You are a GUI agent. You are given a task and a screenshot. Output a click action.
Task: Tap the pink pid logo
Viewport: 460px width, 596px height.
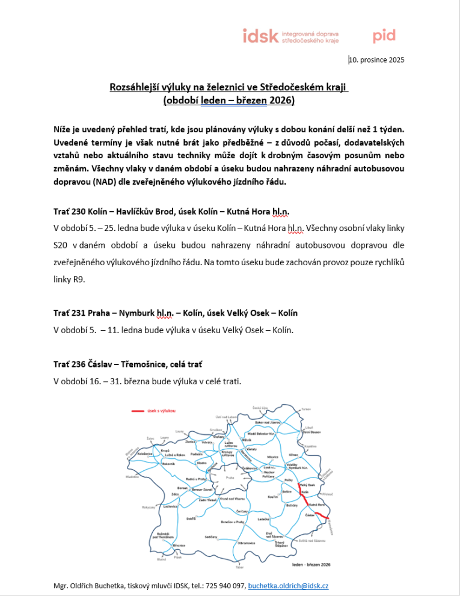[x=384, y=36]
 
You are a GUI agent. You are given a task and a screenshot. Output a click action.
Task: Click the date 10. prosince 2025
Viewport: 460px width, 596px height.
[x=376, y=60]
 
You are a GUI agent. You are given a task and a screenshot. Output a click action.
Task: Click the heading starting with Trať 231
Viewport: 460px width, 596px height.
[x=176, y=313]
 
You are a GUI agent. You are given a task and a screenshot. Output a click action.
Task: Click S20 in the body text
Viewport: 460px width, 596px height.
[x=61, y=246]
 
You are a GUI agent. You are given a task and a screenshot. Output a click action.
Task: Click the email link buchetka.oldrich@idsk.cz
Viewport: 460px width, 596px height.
[x=288, y=585]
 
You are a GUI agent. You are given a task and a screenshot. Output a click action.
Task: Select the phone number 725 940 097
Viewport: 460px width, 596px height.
[x=224, y=585]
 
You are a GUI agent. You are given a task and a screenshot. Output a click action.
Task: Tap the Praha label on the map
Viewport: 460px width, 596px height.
[x=229, y=478]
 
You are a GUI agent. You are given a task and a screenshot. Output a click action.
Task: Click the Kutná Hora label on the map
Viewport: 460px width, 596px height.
[x=317, y=504]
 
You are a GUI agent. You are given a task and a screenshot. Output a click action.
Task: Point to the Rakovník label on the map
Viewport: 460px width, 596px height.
[x=168, y=464]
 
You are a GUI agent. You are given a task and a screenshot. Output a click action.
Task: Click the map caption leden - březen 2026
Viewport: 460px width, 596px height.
[x=310, y=565]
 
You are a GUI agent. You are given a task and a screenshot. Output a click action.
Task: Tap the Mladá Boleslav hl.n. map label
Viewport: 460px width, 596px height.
[x=261, y=433]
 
